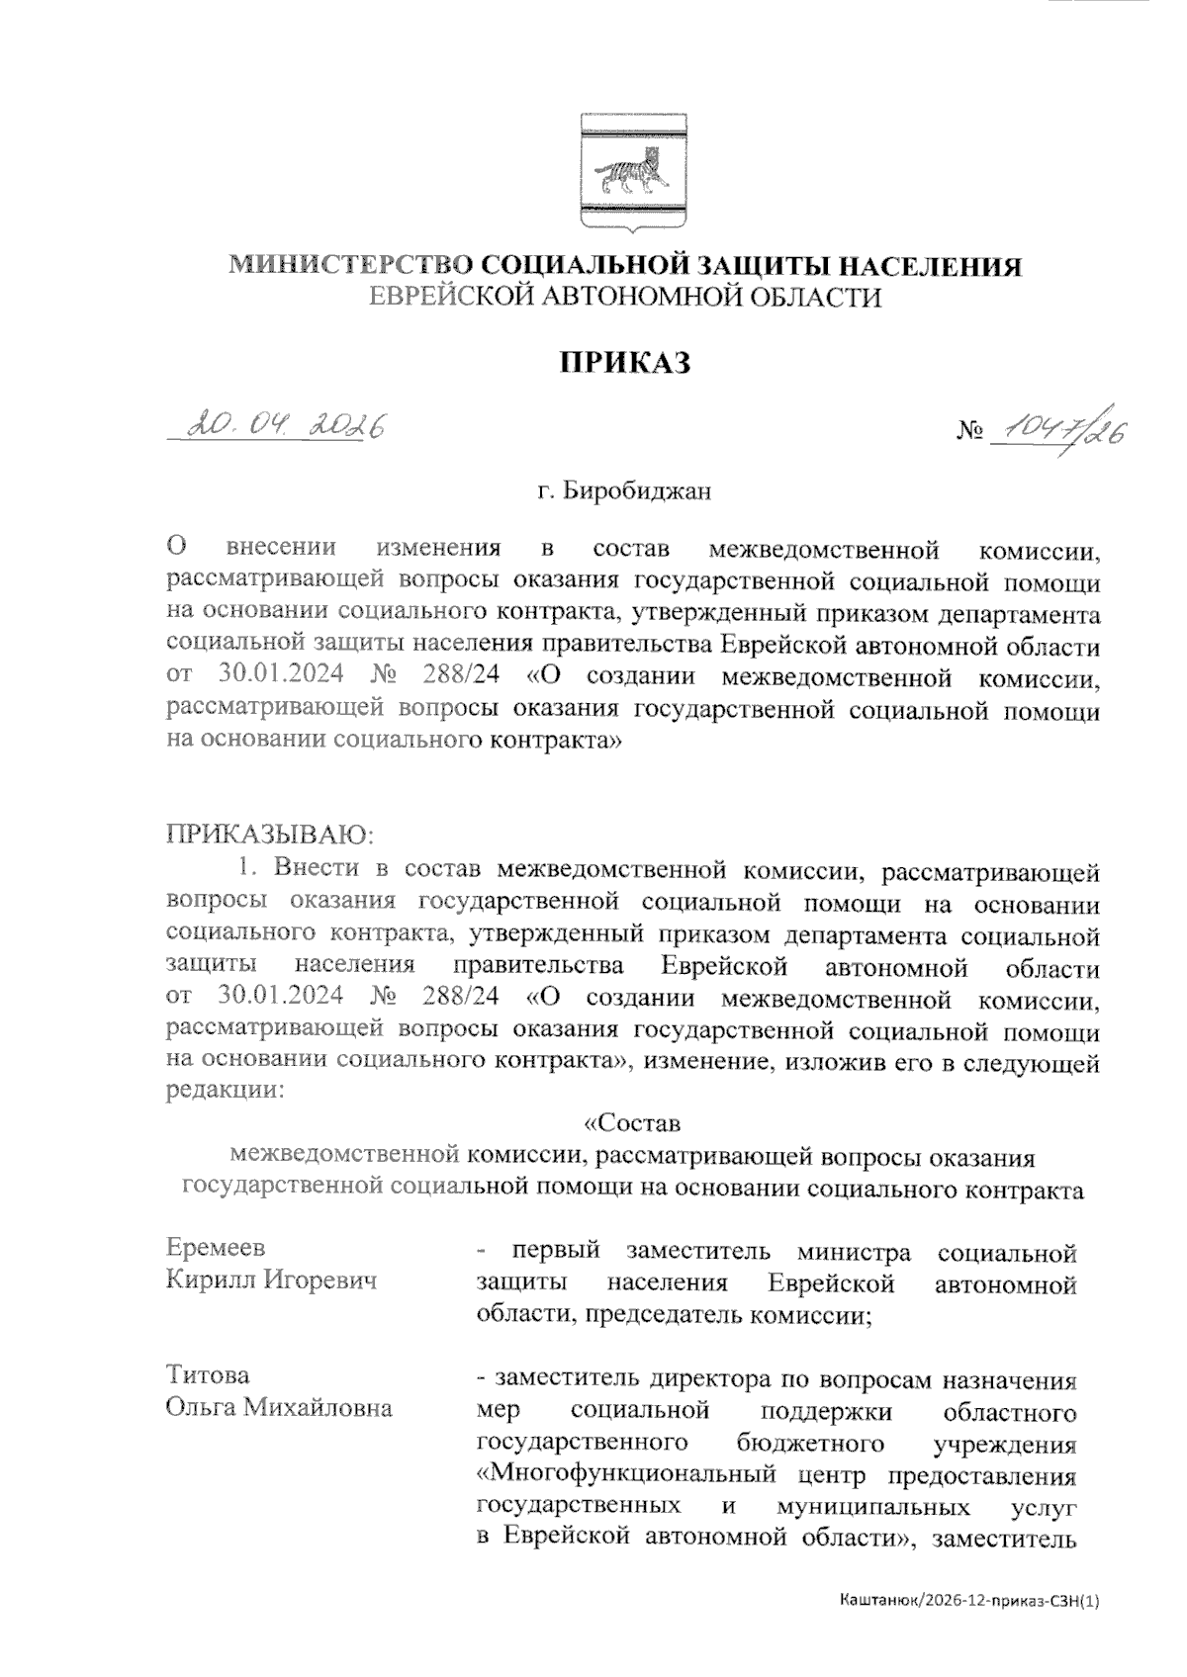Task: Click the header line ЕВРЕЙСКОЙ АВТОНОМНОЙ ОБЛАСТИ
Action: (x=624, y=297)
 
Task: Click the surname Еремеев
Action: (x=216, y=1249)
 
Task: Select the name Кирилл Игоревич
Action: (x=271, y=1280)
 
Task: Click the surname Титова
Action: (x=208, y=1375)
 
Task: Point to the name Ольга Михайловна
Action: (x=278, y=1407)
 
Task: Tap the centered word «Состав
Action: (x=632, y=1124)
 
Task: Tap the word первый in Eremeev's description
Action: (x=550, y=1252)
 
